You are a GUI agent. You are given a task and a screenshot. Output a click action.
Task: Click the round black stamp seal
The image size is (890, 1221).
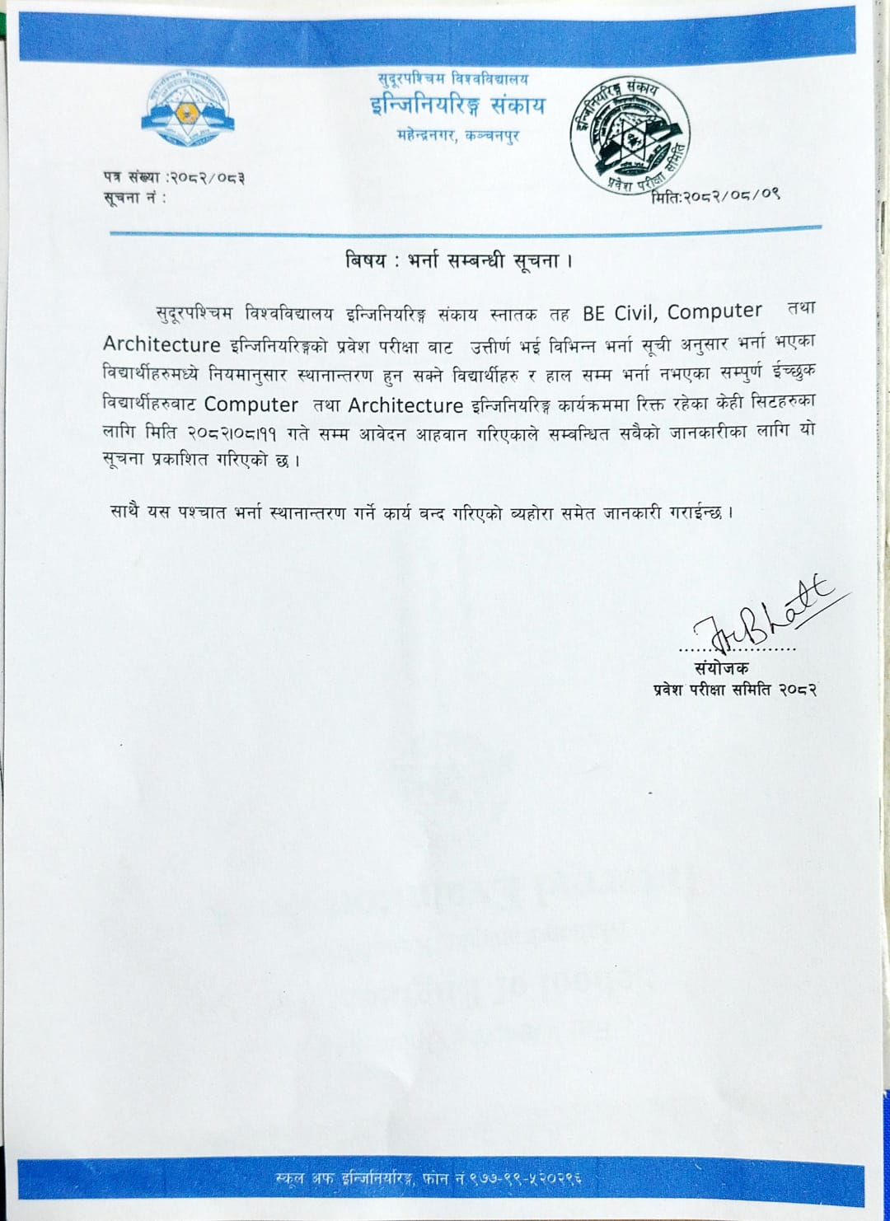point(630,135)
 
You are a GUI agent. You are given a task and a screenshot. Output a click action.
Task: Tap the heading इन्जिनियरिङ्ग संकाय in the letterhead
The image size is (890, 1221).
point(457,106)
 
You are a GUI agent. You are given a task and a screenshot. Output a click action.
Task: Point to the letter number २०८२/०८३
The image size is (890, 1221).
point(207,177)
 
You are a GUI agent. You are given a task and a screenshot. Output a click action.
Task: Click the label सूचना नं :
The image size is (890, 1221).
point(134,198)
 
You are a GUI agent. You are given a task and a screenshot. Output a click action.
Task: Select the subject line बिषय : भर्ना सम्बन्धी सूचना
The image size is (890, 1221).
point(458,261)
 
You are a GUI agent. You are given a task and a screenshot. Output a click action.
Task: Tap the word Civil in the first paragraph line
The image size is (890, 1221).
point(635,313)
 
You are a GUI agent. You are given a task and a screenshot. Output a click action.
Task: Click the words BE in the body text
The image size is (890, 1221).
point(593,313)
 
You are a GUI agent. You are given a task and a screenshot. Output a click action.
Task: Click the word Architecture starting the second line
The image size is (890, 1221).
point(162,344)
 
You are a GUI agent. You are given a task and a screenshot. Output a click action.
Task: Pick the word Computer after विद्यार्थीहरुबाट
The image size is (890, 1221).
point(251,405)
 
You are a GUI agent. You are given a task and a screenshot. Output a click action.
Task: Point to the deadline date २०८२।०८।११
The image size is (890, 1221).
point(232,433)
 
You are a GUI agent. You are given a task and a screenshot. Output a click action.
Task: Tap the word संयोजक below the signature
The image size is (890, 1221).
point(721,668)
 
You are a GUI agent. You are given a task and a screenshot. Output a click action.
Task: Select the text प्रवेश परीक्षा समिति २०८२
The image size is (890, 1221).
point(734,690)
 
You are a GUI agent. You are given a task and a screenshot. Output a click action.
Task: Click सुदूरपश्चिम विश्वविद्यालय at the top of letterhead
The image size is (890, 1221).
point(453,79)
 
